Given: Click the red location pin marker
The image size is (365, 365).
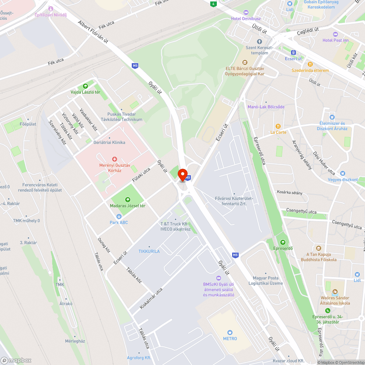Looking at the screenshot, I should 182,174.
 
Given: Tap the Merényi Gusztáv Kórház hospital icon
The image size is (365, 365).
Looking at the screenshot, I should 115,159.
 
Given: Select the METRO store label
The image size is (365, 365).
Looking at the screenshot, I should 230,338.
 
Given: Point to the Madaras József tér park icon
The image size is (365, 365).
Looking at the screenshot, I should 128,199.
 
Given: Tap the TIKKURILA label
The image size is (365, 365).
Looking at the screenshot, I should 149,251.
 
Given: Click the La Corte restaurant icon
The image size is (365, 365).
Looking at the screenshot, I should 278,126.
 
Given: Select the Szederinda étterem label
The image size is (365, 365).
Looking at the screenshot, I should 310,70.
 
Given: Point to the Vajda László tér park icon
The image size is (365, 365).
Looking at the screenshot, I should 85,86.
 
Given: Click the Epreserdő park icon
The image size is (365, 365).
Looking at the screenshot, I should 283,242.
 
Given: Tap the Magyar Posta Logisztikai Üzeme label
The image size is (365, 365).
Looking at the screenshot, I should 266,281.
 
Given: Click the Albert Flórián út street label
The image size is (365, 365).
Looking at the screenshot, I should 93,31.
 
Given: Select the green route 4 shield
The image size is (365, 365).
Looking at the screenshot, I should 213,4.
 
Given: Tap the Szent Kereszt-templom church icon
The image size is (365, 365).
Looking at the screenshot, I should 260,42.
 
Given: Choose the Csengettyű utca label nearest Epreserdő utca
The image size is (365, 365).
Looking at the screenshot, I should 301,211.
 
